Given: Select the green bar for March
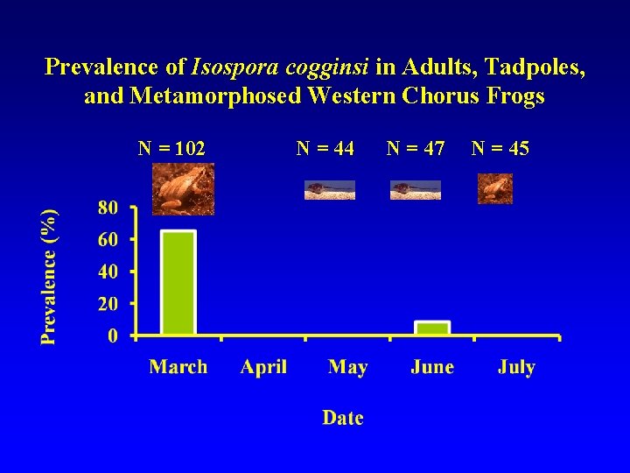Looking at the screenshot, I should click(178, 283).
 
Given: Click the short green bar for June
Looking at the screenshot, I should click(432, 328).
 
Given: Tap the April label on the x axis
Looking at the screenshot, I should click(263, 367).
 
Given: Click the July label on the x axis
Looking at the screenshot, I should click(516, 367).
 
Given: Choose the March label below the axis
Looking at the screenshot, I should click(178, 367).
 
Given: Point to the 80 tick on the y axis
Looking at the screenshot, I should click(108, 208).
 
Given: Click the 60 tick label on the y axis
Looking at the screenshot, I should click(108, 239).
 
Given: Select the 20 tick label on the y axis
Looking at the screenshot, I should click(108, 304).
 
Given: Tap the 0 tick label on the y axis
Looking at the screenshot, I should click(113, 335).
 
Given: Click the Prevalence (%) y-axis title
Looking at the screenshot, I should click(51, 276).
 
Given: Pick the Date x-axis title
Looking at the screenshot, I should click(343, 418).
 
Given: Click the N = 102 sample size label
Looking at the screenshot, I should click(172, 149).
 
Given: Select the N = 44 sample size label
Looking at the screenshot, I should click(325, 149).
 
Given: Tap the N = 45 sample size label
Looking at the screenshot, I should click(500, 149).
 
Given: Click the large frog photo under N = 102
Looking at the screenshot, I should click(183, 188).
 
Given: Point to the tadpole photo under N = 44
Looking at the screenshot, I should click(330, 190).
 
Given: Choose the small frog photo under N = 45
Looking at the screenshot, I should click(495, 188).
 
